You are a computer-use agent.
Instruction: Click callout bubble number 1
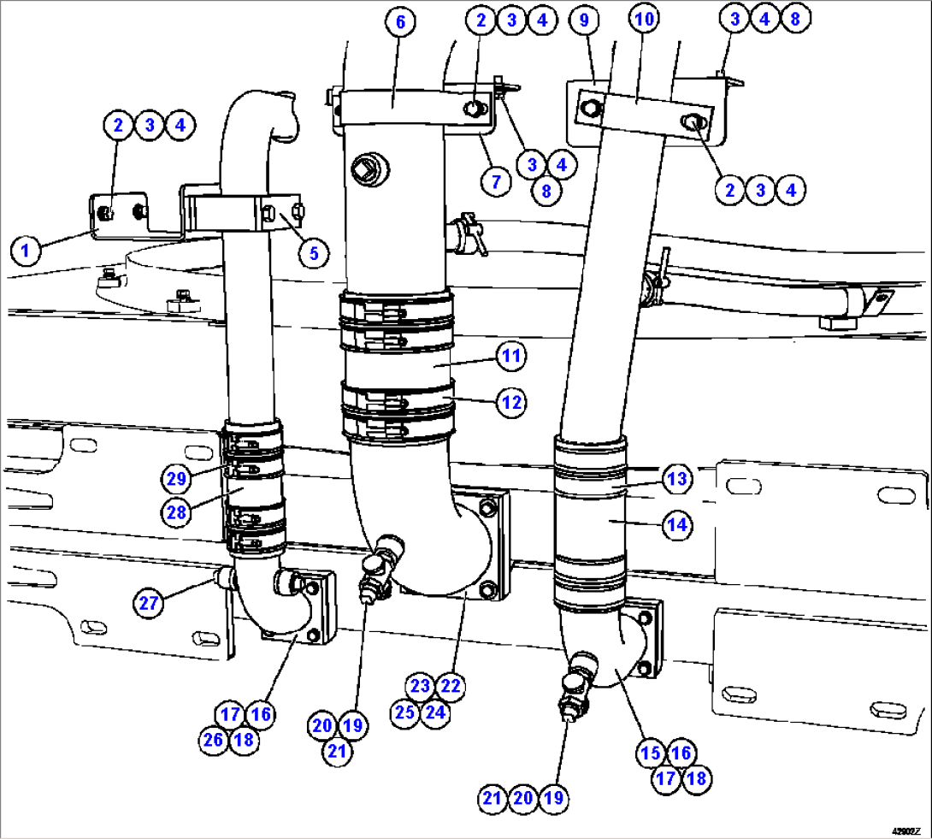point(26,251)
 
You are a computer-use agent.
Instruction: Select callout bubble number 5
point(314,252)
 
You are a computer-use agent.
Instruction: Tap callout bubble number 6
point(399,21)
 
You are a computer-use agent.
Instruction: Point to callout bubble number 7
point(496,181)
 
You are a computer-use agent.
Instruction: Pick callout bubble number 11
point(511,357)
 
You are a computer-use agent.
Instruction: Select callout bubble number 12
point(511,402)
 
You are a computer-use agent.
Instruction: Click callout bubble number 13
point(677,480)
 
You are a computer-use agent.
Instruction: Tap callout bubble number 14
point(677,525)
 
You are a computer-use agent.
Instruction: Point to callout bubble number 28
point(178,511)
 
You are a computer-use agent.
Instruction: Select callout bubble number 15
point(651,753)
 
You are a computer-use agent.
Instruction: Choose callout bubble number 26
point(215,739)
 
